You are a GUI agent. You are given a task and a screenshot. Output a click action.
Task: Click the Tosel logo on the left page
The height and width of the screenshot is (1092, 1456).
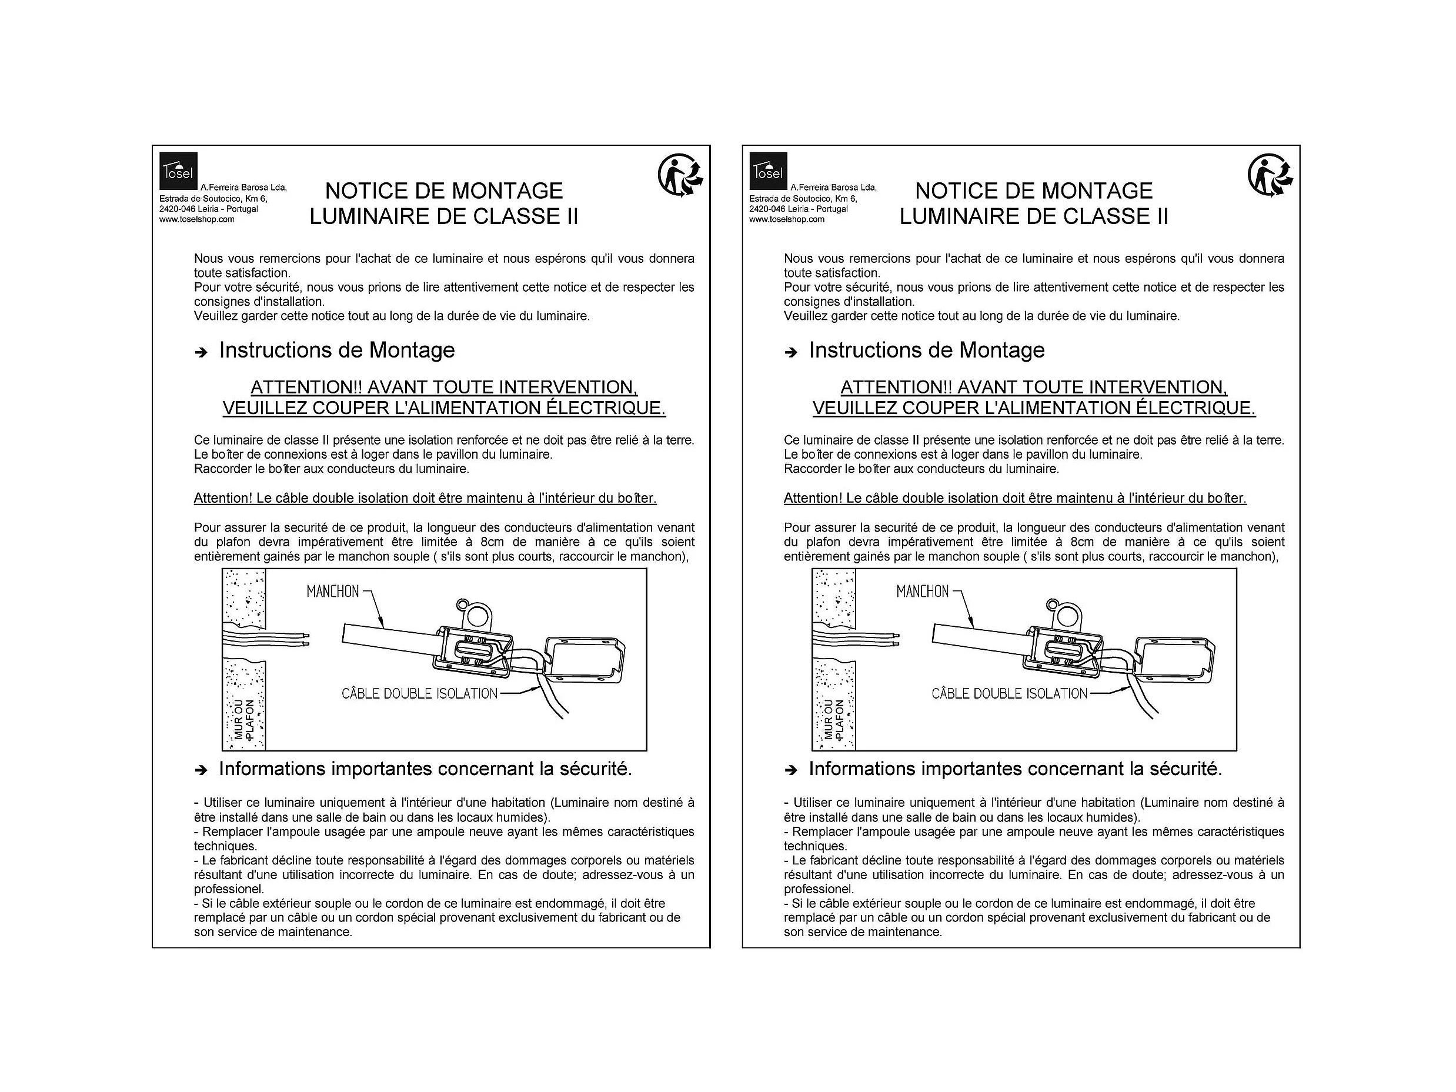click(x=178, y=171)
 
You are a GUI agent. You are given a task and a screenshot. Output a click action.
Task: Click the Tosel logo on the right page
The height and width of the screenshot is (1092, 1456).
click(x=768, y=171)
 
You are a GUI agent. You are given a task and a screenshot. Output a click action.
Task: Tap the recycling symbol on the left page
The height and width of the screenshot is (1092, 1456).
click(x=680, y=176)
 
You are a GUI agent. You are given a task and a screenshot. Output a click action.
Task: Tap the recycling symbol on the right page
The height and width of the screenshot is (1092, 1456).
click(x=1270, y=176)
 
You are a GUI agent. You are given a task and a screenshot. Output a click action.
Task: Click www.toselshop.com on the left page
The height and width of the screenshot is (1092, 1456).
click(x=197, y=219)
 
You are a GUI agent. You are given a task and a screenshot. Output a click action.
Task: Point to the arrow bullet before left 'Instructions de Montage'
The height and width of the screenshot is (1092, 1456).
click(x=201, y=352)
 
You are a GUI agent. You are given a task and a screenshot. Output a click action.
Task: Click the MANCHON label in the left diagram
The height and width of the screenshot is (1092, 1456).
click(x=332, y=591)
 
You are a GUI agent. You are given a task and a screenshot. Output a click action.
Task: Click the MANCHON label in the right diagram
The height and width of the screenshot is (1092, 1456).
click(x=922, y=591)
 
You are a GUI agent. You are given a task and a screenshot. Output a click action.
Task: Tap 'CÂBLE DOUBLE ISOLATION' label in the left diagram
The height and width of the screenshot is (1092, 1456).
click(x=419, y=693)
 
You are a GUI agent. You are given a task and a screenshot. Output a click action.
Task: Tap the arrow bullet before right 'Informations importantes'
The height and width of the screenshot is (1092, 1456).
click(x=790, y=770)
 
